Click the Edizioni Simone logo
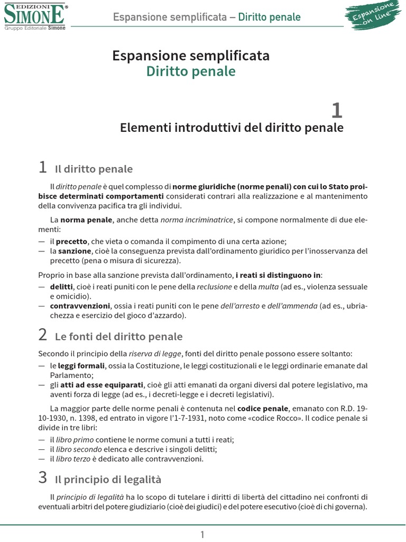coord(35,16)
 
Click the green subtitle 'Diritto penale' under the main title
coord(191,71)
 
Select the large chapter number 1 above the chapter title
coord(336,110)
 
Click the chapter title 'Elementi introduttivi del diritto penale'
coord(232,128)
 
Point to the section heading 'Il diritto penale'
coord(94,169)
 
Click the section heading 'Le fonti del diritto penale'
coord(118,337)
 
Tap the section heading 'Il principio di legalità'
coord(108,480)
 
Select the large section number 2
coord(43,335)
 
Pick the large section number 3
coord(43,478)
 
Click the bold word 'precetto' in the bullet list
coord(72,241)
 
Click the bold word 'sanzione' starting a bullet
coord(75,251)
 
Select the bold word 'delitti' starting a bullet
coord(62,287)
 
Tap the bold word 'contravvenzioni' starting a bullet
coord(80,306)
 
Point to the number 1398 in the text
coord(86,419)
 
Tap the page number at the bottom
coord(202,535)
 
